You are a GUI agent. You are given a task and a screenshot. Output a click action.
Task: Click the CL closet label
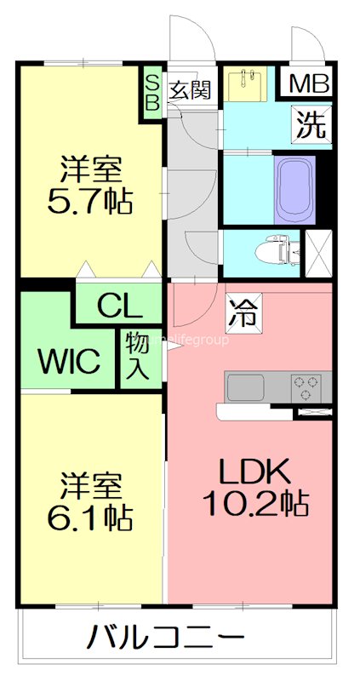118,305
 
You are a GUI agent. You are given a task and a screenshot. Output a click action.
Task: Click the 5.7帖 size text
92,203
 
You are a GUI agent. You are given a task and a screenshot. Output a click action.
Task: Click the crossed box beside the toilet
317,251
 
